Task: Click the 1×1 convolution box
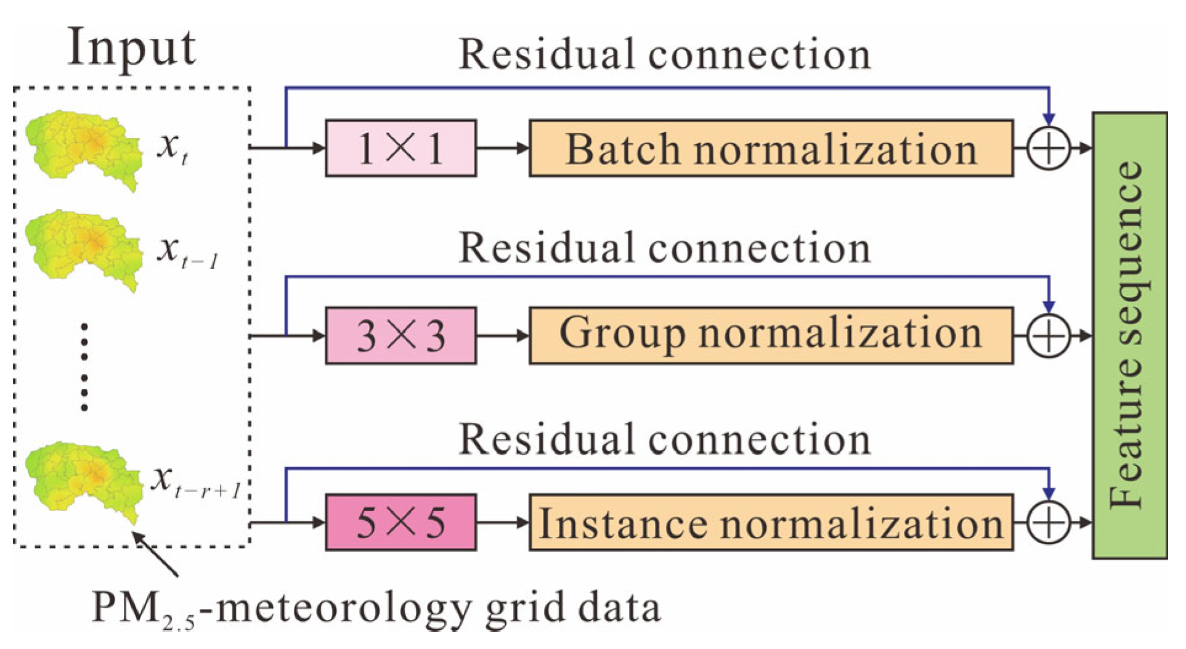click(x=400, y=148)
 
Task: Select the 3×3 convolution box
click(x=400, y=336)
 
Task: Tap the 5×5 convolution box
click(x=400, y=522)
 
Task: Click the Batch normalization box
click(x=771, y=148)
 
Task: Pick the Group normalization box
click(x=771, y=336)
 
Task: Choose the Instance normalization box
click(x=771, y=522)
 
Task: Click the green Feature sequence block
click(x=1130, y=335)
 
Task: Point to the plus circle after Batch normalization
click(x=1049, y=148)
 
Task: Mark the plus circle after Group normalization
click(x=1049, y=336)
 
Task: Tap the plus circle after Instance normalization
click(x=1049, y=523)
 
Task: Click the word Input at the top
click(x=131, y=48)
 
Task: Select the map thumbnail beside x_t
click(x=84, y=150)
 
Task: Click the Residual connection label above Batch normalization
click(x=665, y=54)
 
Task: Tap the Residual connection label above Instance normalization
click(x=665, y=439)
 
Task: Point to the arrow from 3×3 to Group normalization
click(x=503, y=336)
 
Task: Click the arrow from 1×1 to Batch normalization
click(x=503, y=148)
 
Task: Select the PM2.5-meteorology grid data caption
click(x=376, y=609)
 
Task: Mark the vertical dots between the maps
click(x=84, y=366)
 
